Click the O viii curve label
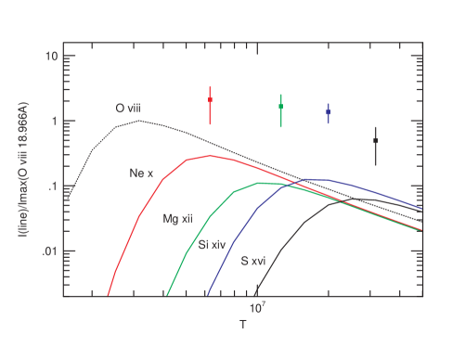click(128, 109)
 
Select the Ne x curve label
click(141, 173)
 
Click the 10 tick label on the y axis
click(55, 56)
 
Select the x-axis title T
click(242, 325)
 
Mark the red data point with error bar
click(211, 100)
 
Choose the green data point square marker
click(281, 107)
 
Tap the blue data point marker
click(329, 112)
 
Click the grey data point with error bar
click(376, 141)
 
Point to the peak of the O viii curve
click(139, 121)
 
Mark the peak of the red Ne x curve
click(212, 156)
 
